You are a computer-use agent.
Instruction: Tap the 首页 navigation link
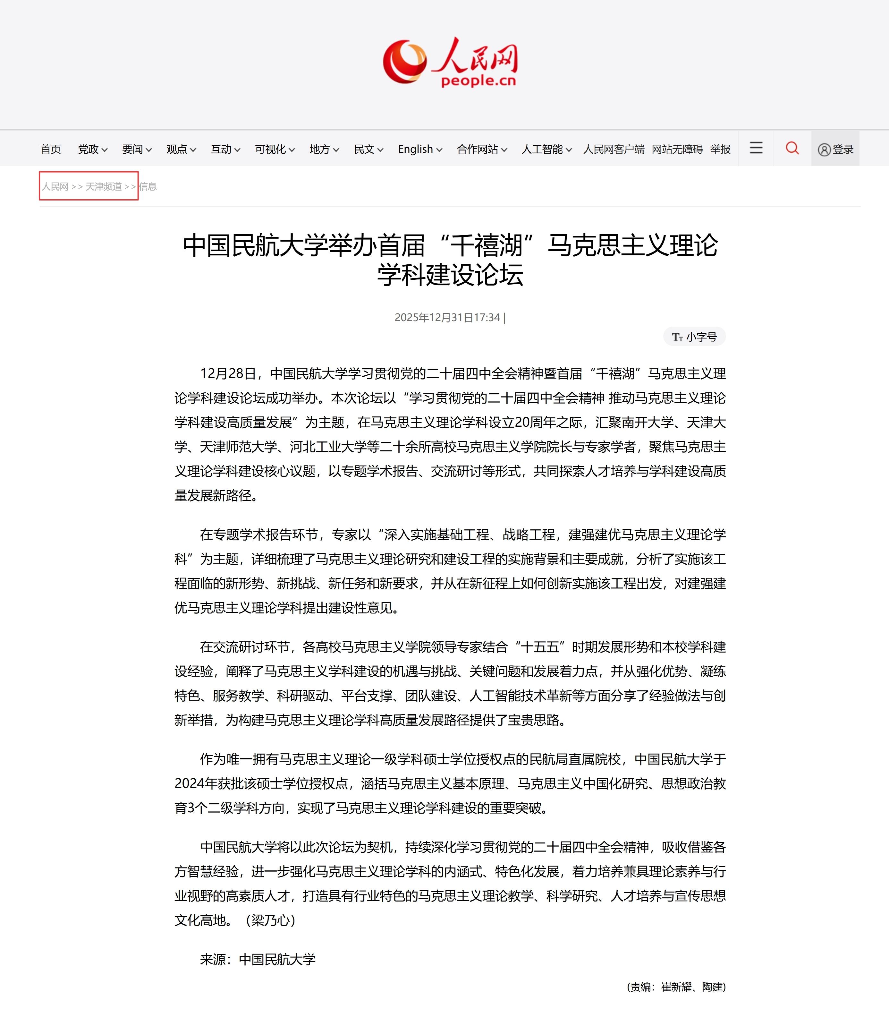pos(50,149)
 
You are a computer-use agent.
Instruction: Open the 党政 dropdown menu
pos(92,149)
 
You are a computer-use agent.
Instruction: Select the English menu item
pos(420,149)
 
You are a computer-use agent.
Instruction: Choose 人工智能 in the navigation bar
pos(546,149)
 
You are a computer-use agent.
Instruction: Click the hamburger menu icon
pos(756,148)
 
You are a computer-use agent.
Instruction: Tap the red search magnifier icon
pos(792,148)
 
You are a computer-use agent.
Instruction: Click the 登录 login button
pos(836,149)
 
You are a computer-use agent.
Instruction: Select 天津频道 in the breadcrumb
pos(104,187)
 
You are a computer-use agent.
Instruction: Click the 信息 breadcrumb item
pos(148,187)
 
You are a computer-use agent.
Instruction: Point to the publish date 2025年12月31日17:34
pos(447,317)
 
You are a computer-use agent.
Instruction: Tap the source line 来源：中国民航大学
pos(258,959)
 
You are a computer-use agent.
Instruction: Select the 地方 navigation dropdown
pos(324,149)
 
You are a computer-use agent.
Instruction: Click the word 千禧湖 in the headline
pos(487,245)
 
